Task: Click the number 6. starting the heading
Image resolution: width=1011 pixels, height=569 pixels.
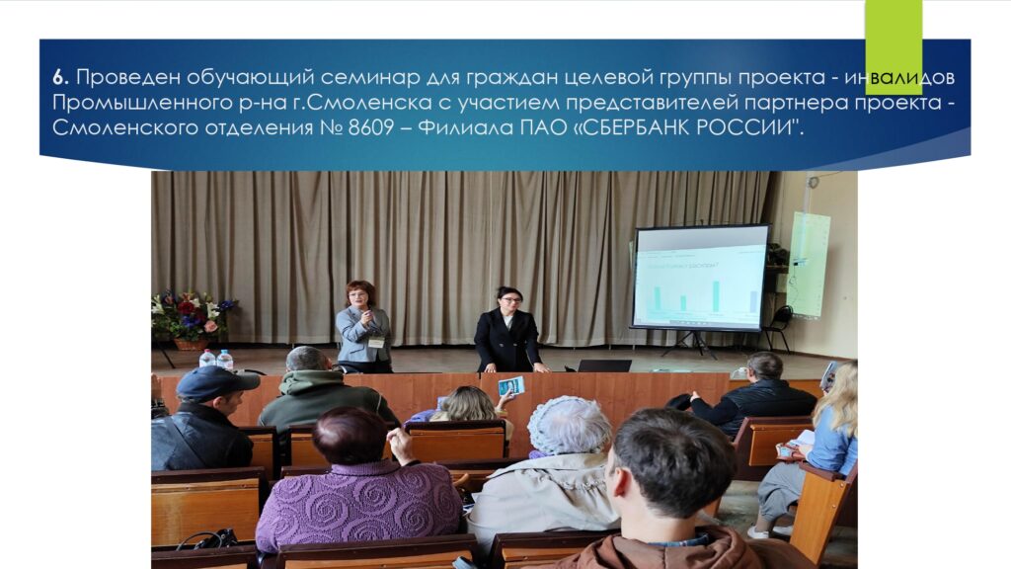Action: pos(60,77)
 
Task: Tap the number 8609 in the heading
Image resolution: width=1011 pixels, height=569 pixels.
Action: pos(371,127)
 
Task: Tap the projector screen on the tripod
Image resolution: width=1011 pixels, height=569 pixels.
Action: pos(701,277)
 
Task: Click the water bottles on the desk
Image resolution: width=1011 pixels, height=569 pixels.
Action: pos(216,359)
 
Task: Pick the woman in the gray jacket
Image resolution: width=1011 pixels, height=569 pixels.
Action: pos(363,327)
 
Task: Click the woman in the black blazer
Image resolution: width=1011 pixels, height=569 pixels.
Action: pos(508,330)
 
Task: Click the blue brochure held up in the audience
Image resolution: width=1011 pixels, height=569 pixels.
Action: pos(511,386)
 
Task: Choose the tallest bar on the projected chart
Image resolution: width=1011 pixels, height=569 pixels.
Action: pos(716,296)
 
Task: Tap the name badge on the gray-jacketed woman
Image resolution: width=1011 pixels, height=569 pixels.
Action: pos(376,342)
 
